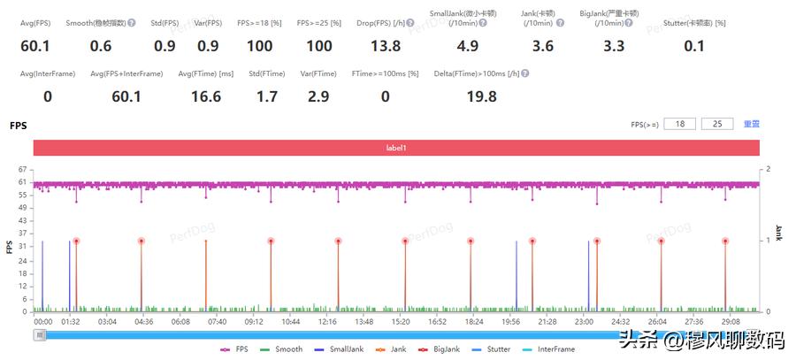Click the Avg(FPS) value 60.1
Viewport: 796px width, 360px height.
coord(35,45)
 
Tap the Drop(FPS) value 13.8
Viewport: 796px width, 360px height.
coord(386,45)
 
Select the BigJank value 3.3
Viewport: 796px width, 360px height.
coord(614,45)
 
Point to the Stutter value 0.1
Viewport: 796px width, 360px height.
coord(694,45)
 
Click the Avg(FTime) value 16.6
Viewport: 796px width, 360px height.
coord(205,96)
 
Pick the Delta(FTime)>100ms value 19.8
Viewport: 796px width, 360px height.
coord(481,96)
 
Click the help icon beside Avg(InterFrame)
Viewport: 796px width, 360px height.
coord(81,73)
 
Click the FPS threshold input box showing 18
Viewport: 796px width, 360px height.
coord(679,125)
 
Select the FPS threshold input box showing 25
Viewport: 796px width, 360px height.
coord(716,125)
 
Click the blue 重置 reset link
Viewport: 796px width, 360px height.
coord(751,125)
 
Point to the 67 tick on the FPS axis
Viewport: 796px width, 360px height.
coord(24,169)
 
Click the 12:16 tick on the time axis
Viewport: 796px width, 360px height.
coord(327,321)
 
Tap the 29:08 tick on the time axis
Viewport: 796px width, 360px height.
coord(731,321)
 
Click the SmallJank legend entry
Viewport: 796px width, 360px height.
coord(340,349)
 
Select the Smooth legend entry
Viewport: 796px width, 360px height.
coord(282,349)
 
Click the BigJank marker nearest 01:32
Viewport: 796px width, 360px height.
coord(76,241)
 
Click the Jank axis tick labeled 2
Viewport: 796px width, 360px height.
coord(768,169)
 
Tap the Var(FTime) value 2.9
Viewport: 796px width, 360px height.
coord(318,96)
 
